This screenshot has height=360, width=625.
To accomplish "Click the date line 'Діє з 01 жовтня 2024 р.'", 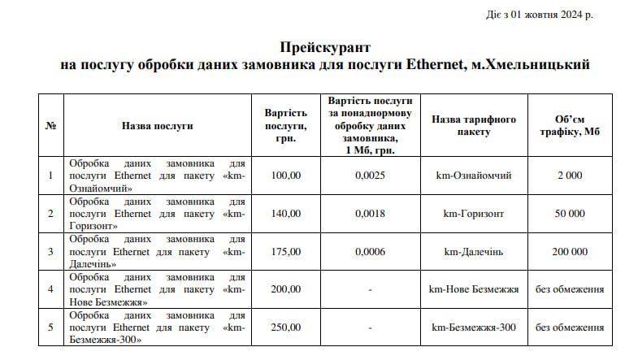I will [550, 15].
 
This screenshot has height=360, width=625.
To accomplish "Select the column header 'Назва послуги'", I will [157, 126].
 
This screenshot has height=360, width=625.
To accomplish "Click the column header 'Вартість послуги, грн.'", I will [286, 126].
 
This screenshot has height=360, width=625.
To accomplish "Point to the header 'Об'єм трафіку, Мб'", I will [569, 126].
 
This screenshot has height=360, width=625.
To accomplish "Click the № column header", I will [50, 126].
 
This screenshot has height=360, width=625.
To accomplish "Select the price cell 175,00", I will [286, 252].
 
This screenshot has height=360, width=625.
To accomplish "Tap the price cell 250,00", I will [286, 327].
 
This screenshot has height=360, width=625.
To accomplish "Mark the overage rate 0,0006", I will [370, 252].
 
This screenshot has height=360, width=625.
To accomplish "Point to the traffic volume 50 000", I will [569, 214].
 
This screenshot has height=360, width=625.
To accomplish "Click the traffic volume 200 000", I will [569, 252].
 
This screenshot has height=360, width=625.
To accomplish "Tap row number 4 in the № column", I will [50, 289].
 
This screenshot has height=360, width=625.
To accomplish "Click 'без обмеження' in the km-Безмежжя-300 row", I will [569, 327].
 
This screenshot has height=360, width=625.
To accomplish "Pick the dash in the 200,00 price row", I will [370, 289].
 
